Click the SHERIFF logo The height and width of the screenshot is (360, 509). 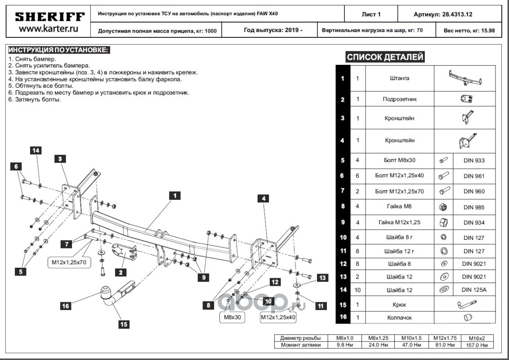[49, 17]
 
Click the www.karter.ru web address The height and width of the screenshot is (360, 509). [49, 29]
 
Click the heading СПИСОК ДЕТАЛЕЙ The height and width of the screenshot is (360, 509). [385, 57]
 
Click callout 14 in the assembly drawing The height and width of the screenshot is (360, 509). [36, 150]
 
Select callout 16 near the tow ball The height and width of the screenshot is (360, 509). [66, 306]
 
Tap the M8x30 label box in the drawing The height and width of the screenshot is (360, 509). [232, 317]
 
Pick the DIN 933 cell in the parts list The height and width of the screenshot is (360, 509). [473, 161]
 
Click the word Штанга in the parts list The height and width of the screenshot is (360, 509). [399, 78]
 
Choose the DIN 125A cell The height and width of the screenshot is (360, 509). [473, 290]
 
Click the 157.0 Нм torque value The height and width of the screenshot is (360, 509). [478, 345]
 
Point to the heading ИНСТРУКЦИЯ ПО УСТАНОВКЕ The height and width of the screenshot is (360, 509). [58, 49]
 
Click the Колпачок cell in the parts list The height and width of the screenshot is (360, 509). [399, 317]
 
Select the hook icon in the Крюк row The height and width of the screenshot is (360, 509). [464, 305]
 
